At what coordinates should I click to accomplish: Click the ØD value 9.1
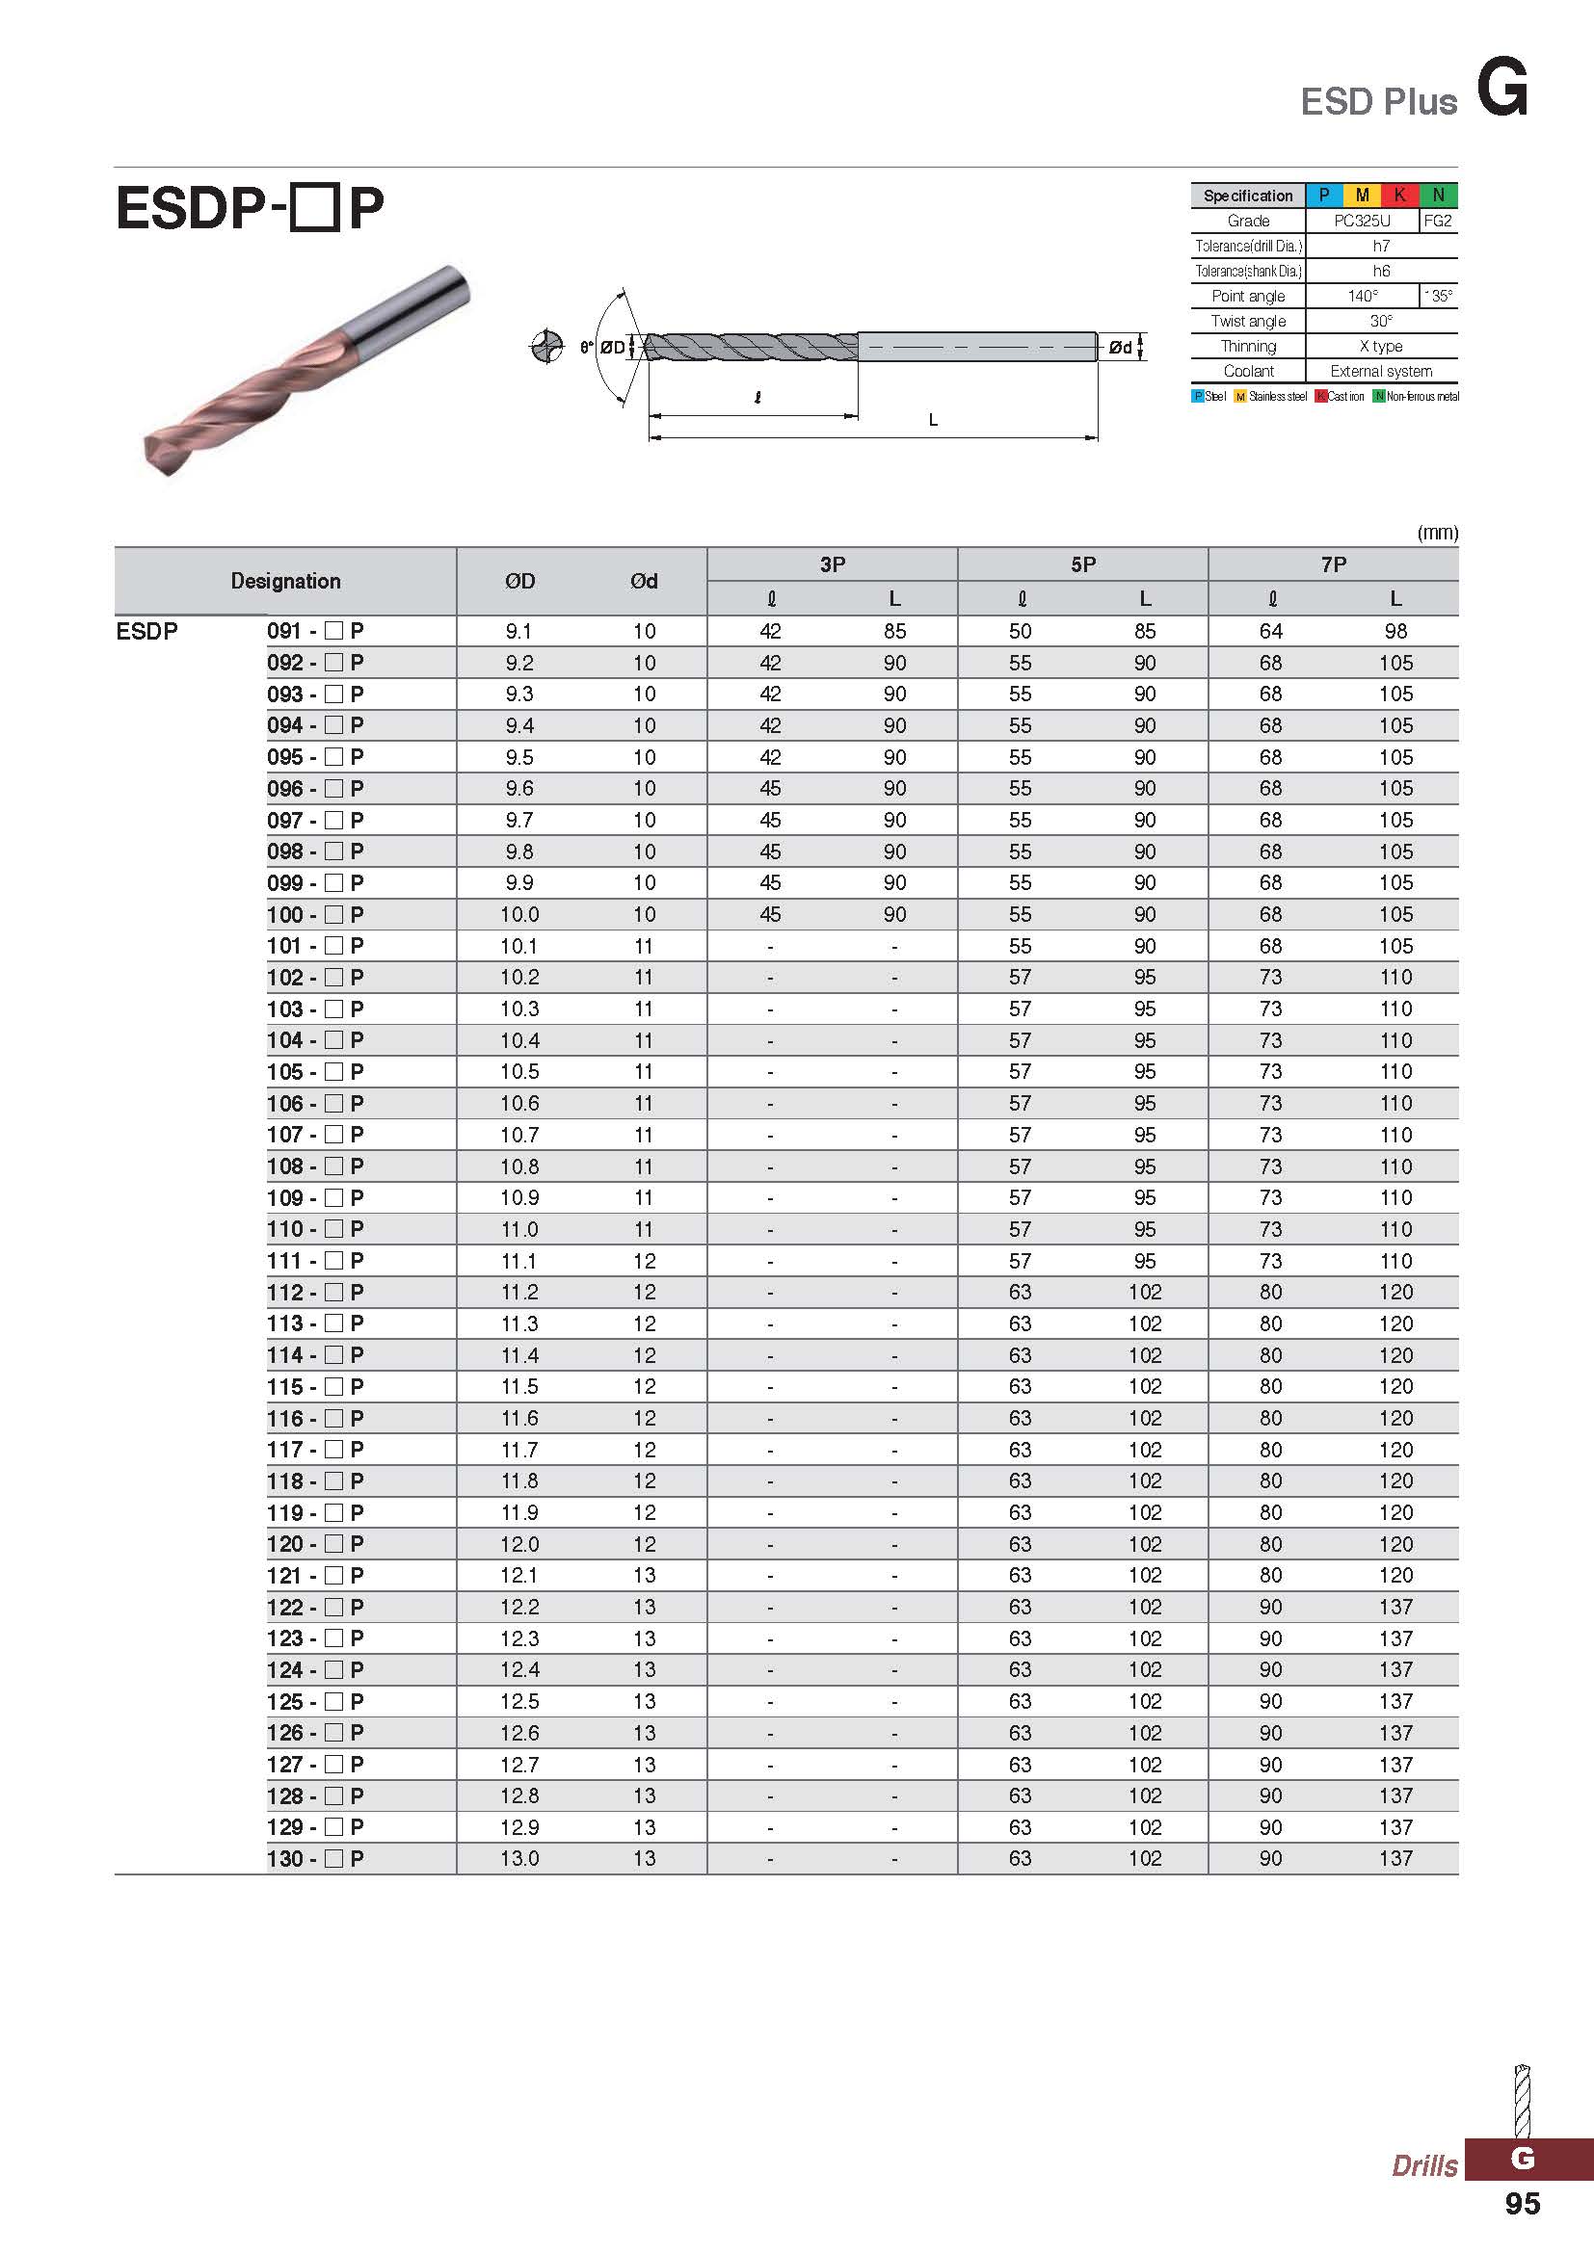click(x=518, y=631)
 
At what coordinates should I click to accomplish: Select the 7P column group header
click(x=1333, y=564)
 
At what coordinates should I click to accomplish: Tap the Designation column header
click(x=285, y=581)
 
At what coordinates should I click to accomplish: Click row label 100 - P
click(x=315, y=914)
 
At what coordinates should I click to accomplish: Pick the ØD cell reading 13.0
click(x=519, y=1858)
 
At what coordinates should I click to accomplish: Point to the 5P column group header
click(x=1082, y=564)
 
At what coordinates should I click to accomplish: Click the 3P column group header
click(x=833, y=564)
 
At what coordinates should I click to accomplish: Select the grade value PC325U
click(x=1362, y=221)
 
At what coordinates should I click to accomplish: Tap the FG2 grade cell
click(x=1438, y=221)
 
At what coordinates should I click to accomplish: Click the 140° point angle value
click(x=1363, y=296)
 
